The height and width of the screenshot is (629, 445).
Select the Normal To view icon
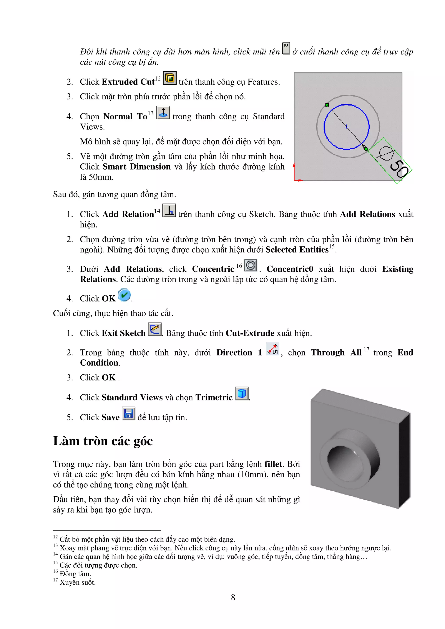click(x=163, y=113)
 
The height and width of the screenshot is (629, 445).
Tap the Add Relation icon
click(x=169, y=210)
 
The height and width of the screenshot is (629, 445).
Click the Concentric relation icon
click(x=250, y=265)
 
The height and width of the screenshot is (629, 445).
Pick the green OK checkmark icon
click(x=124, y=295)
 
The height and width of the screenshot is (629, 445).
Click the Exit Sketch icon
click(x=155, y=329)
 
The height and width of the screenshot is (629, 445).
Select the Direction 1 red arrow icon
click(x=272, y=349)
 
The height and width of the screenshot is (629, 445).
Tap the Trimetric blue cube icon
click(x=242, y=394)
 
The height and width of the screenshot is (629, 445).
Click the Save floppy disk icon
click(x=128, y=414)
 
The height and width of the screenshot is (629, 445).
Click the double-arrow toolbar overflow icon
click(x=286, y=48)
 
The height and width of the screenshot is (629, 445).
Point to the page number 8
click(x=233, y=597)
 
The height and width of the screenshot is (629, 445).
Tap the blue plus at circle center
click(x=347, y=127)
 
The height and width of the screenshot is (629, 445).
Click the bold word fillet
click(x=273, y=464)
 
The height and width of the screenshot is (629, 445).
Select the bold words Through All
click(x=336, y=352)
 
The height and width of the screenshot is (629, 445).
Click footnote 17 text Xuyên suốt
click(x=78, y=582)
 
